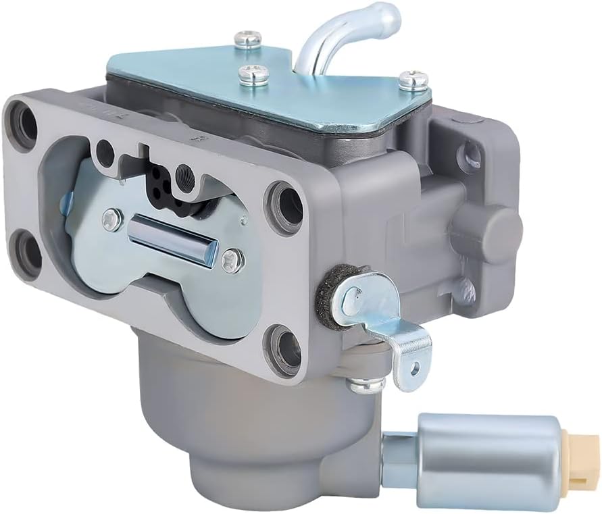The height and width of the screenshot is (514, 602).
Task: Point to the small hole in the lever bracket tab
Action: click(413, 365)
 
